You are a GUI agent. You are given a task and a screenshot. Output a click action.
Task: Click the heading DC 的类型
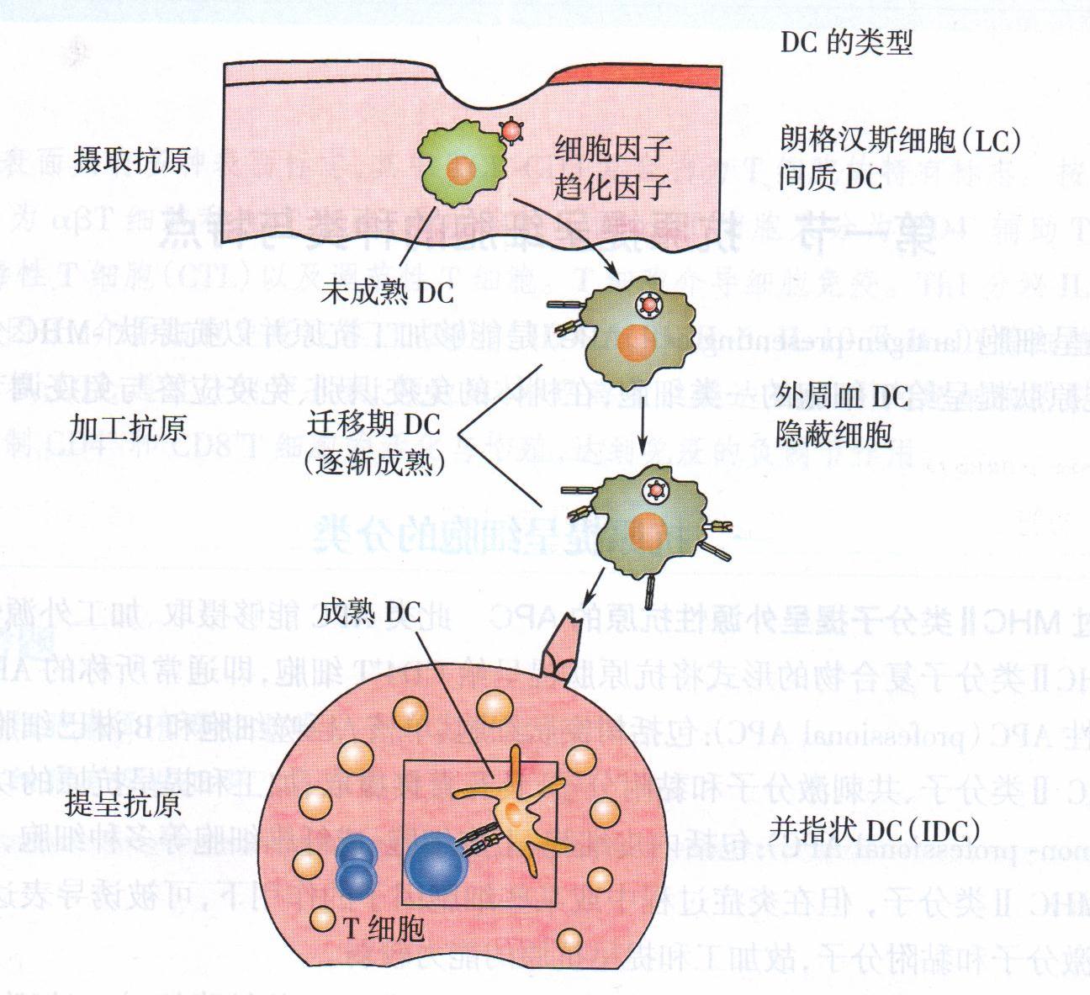tap(846, 43)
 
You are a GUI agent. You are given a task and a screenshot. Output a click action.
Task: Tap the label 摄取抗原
tap(132, 160)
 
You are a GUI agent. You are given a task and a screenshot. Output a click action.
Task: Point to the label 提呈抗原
tap(123, 804)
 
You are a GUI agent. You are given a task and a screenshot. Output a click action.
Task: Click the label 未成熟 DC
tap(387, 293)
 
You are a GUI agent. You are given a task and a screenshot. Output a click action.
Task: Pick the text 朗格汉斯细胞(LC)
tap(900, 140)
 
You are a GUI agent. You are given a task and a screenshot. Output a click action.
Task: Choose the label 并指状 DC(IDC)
tap(875, 831)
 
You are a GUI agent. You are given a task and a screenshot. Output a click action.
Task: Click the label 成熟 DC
tap(369, 611)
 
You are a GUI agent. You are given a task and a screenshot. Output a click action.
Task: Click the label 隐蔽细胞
tap(833, 434)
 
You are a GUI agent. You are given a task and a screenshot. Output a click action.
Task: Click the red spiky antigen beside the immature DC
tap(511, 131)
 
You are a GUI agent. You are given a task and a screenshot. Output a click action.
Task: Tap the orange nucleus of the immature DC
tap(462, 171)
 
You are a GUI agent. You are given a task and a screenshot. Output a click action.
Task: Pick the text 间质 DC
tap(831, 179)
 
